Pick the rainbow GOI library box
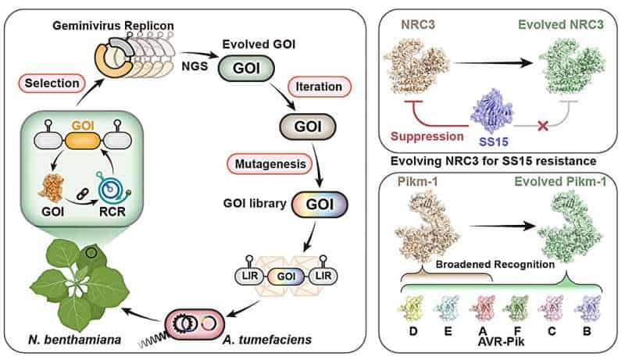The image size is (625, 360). (x=316, y=205)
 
